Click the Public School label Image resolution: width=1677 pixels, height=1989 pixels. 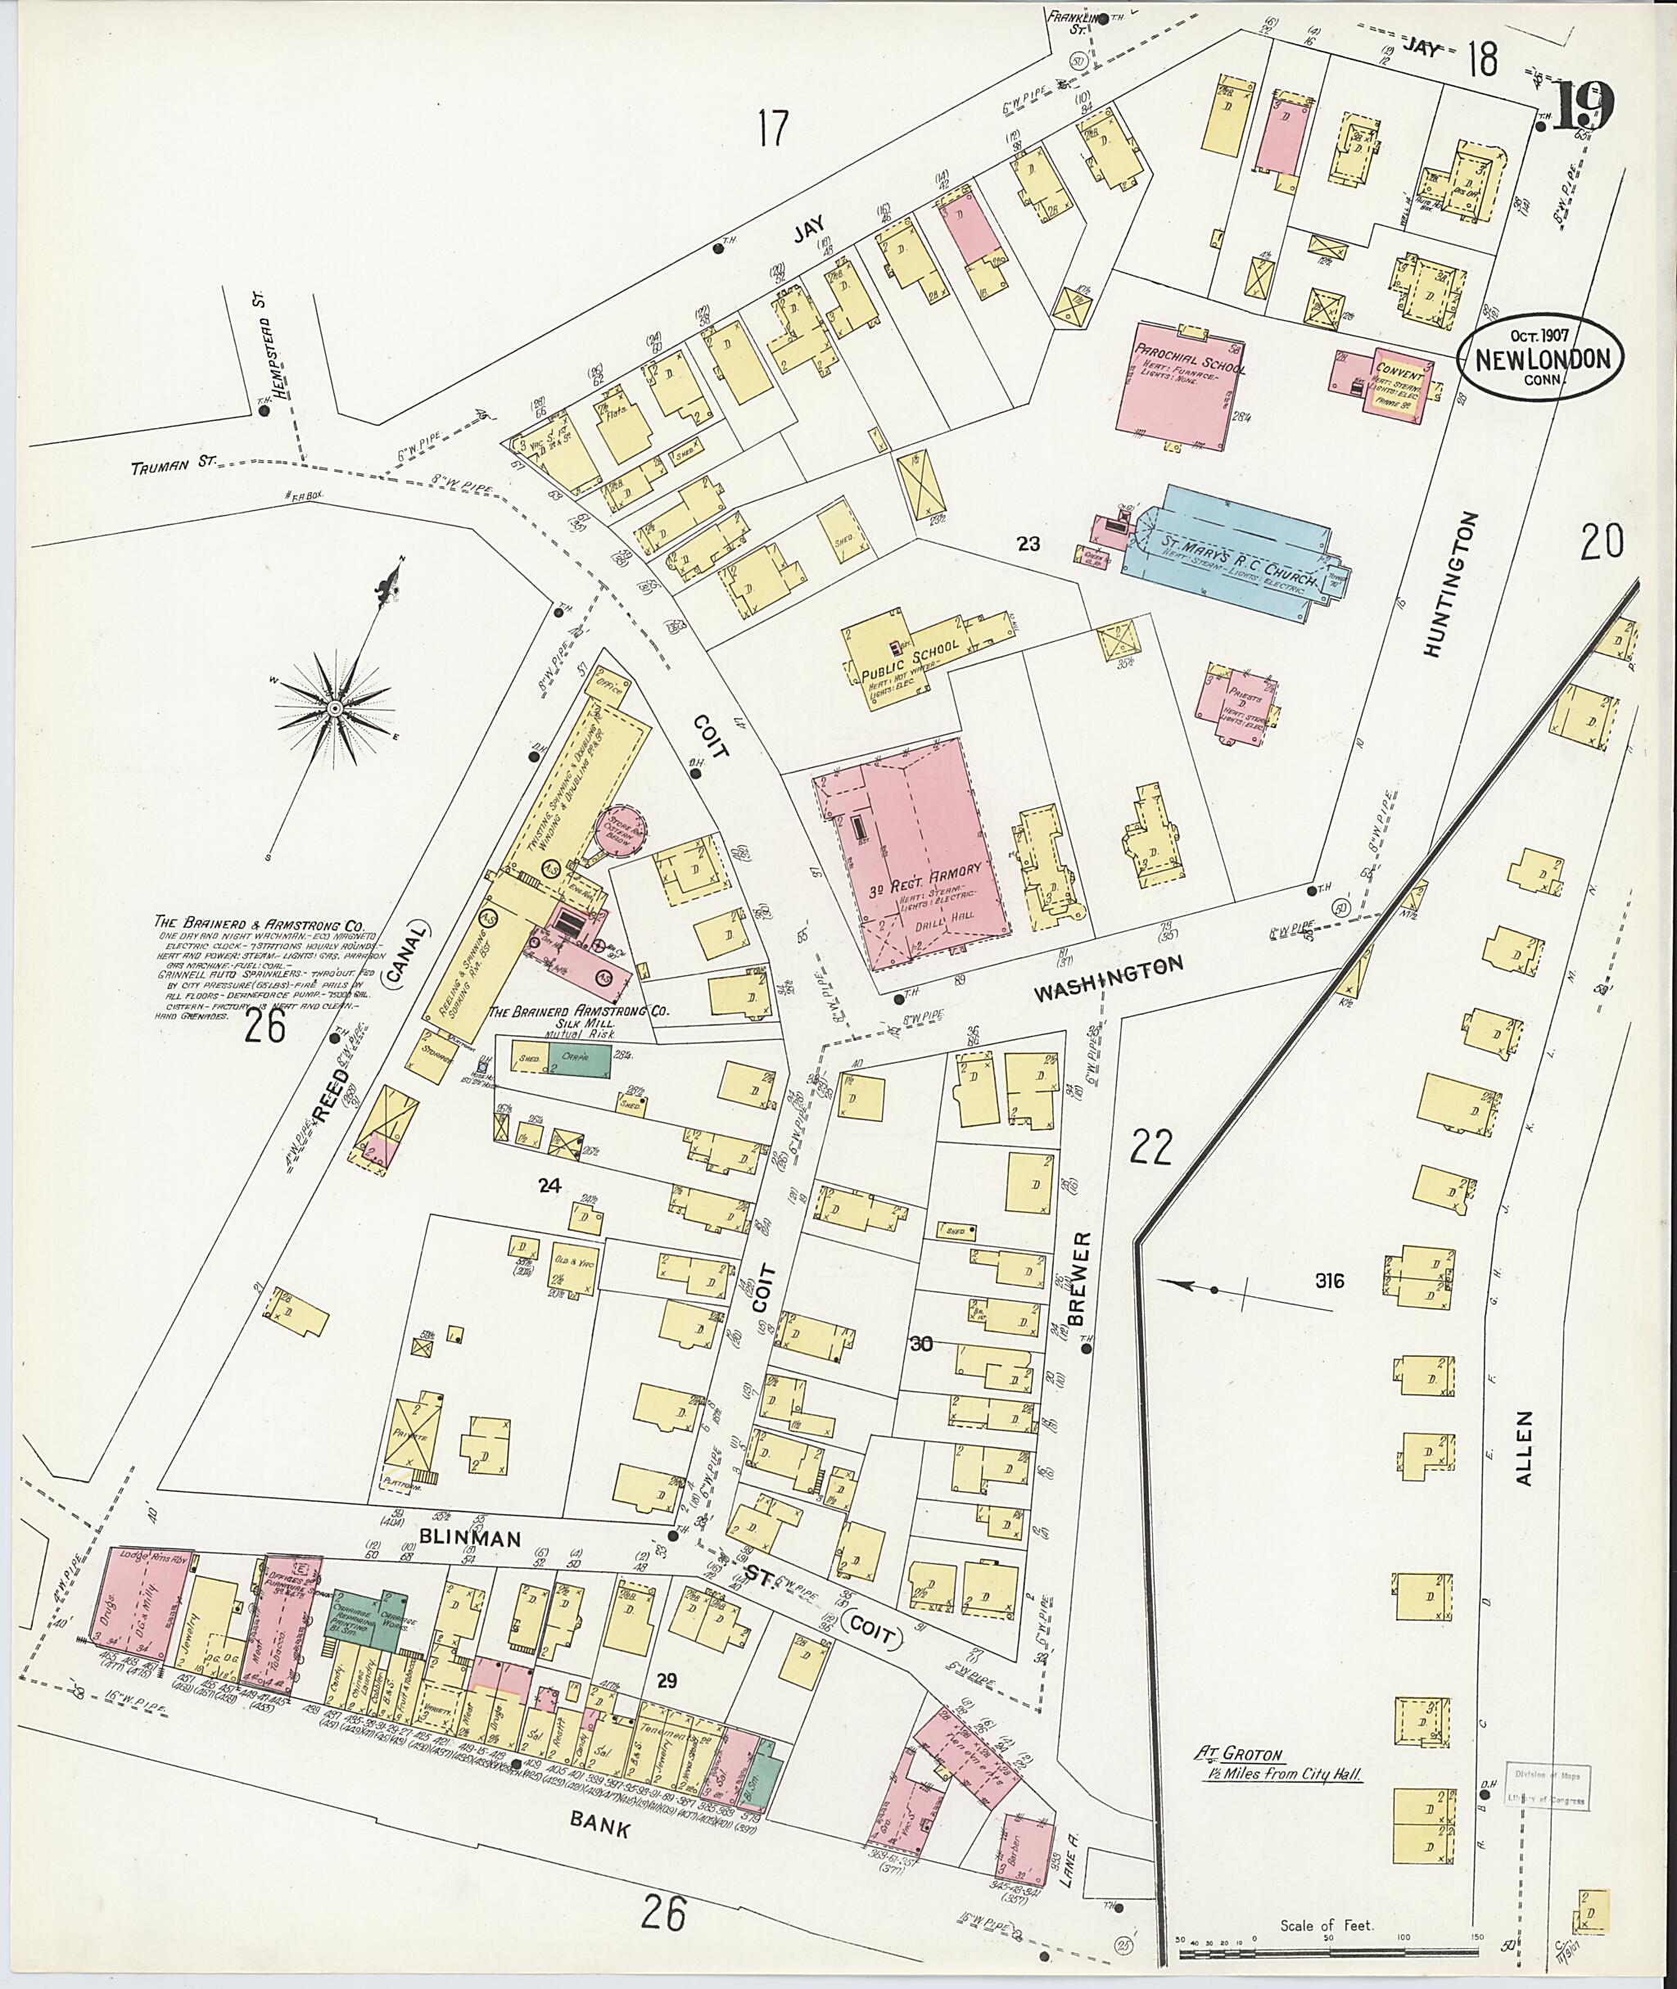(x=910, y=662)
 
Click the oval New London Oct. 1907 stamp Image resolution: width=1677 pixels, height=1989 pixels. (x=1541, y=359)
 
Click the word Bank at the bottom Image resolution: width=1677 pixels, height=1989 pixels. (x=601, y=1824)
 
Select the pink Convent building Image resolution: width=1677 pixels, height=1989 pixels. (x=1392, y=380)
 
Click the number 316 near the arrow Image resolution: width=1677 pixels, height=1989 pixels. (x=1329, y=1282)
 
